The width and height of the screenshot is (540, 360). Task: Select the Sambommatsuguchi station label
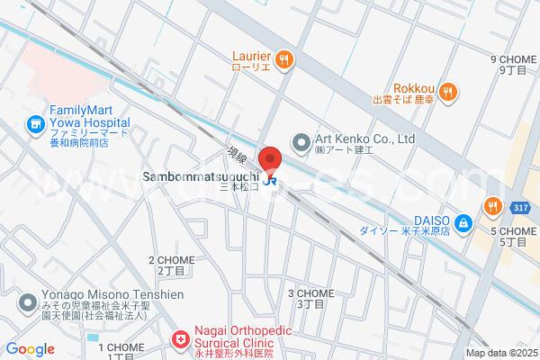(x=201, y=177)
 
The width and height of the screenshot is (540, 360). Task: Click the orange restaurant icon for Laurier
(x=284, y=59)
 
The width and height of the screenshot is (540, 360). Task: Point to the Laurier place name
(x=250, y=56)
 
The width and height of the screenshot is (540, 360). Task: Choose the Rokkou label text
(x=414, y=88)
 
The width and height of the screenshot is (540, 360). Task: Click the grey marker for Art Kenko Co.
(x=301, y=140)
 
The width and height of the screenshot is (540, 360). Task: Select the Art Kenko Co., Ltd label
(x=364, y=139)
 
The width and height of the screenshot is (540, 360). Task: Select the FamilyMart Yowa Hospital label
(x=88, y=116)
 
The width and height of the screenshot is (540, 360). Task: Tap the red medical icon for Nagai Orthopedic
(x=180, y=339)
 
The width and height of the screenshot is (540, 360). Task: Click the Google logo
(x=30, y=349)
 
